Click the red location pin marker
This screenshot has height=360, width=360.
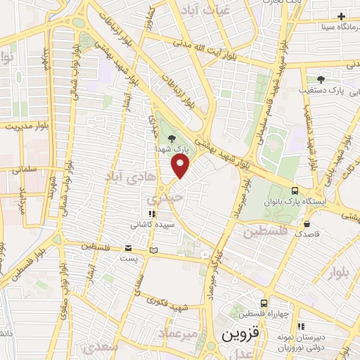tap(181, 167)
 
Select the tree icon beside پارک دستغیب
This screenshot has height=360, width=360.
tap(321, 79)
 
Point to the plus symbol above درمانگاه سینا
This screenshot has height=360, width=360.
tap(341, 16)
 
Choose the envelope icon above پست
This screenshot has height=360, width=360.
tap(128, 248)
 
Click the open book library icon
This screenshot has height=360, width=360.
tap(154, 250)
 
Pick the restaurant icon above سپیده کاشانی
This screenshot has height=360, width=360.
tap(154, 215)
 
